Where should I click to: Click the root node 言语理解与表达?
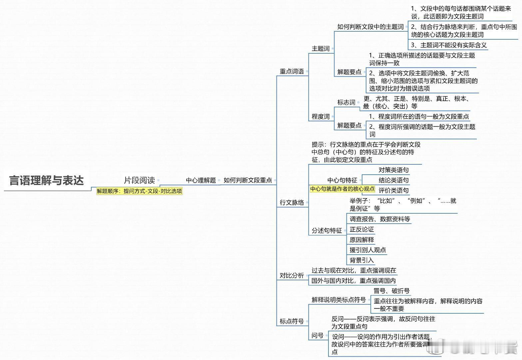46,180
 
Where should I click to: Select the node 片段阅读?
139,180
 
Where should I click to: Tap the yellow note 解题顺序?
139,191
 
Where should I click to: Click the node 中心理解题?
201,180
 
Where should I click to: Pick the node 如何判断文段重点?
248,180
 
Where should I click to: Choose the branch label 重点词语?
291,71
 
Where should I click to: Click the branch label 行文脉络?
291,202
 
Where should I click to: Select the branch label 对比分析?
291,275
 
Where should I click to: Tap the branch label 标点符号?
291,321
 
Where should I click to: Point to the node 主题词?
320,49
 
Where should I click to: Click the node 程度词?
320,116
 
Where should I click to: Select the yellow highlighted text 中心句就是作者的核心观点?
342,189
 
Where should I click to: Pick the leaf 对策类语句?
393,170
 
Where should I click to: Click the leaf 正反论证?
362,229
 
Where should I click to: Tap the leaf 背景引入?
362,260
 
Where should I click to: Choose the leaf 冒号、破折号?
391,291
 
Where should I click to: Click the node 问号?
317,336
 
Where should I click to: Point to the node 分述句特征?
327,230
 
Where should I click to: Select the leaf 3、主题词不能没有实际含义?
449,45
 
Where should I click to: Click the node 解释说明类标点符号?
339,300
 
